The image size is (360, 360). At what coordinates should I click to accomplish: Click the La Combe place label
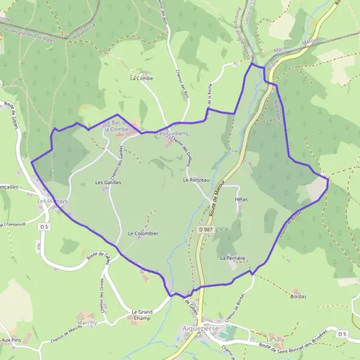point(142,78)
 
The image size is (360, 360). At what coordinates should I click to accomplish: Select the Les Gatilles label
point(108,182)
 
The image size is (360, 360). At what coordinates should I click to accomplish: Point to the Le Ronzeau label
point(196,179)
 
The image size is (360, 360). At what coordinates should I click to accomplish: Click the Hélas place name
point(242,199)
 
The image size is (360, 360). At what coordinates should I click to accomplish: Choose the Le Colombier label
point(143,233)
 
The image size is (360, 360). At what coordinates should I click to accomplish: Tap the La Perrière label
point(233,258)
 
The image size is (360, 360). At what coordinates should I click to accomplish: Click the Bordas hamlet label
point(298,296)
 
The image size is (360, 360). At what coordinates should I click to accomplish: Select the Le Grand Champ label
point(142,315)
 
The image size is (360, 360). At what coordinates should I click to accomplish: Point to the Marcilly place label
point(88,323)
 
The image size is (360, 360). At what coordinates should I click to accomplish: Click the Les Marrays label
point(52,201)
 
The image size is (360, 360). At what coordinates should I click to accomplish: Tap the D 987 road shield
point(205,229)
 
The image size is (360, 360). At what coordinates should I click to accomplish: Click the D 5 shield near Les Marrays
point(43,227)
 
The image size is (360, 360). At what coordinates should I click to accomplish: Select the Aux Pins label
point(10,340)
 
